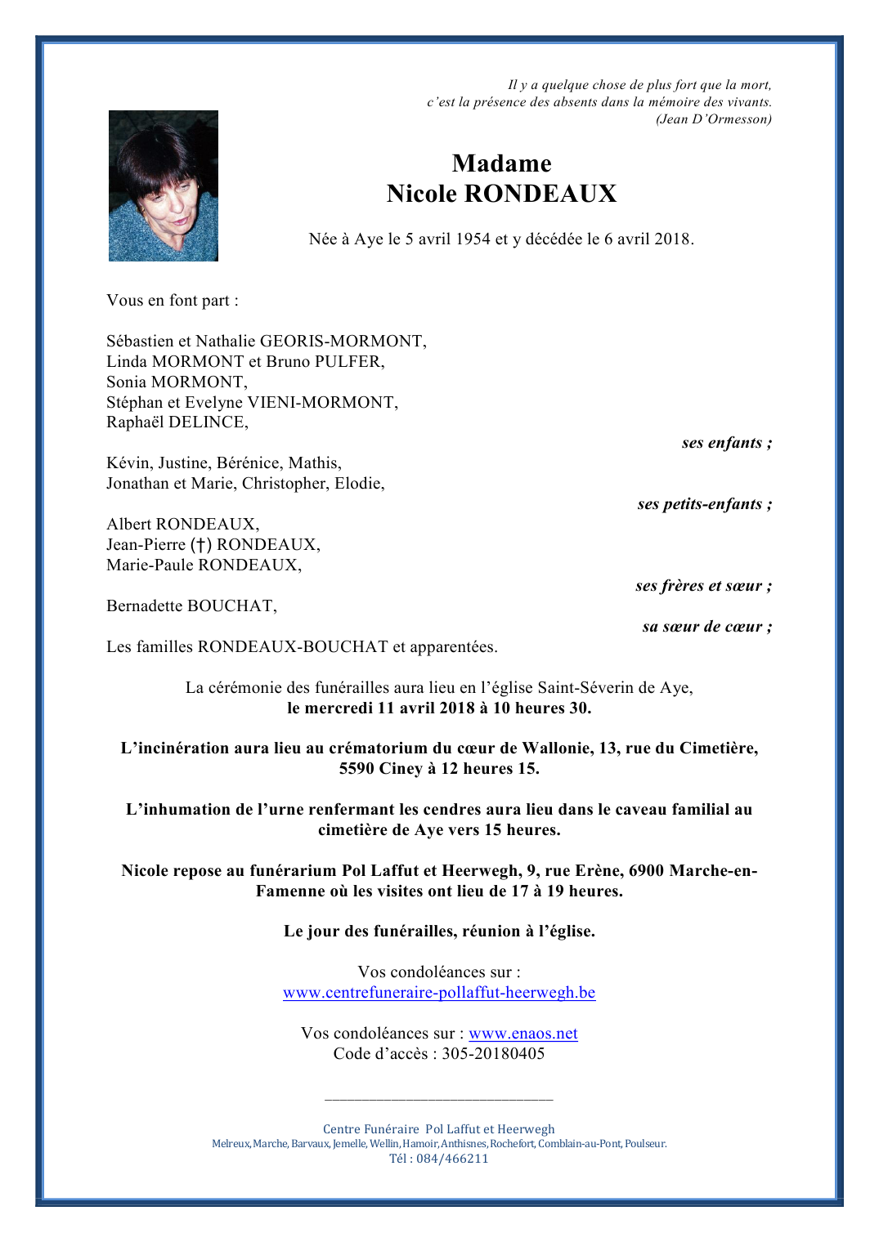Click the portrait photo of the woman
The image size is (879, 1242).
coord(164,185)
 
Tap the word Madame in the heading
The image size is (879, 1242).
coord(501,163)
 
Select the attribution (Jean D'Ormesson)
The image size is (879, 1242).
coord(713,119)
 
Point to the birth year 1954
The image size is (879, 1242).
coord(473,239)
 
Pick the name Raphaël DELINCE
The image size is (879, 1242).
coord(177,422)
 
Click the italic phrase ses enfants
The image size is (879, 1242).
coord(722,443)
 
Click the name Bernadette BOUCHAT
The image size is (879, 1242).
coord(191,606)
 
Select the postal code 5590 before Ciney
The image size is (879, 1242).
coord(357,769)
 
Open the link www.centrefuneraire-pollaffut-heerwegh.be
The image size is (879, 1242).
coord(439,993)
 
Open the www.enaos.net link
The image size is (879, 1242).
coord(523,1034)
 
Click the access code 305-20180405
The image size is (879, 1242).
coord(493,1054)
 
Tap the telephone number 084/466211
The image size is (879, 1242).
coord(452,1159)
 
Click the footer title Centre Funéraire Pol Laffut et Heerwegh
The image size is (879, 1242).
coord(439,1129)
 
